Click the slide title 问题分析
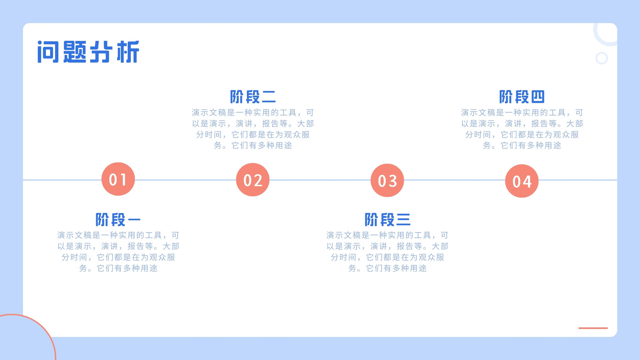pos(88,52)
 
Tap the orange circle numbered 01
pos(118,179)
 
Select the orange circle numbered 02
pos(252,180)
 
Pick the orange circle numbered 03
pos(387,180)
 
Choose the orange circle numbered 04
pos(522,181)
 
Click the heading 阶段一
pos(118,220)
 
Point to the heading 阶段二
pos(253,96)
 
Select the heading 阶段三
pos(388,220)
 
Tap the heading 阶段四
pos(522,96)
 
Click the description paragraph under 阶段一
pos(118,252)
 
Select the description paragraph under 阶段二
pos(253,129)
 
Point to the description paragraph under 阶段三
pos(388,252)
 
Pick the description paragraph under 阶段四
pos(522,129)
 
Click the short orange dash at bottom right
pos(593,328)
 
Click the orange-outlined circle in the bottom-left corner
pos(43,328)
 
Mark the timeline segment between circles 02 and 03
pos(320,180)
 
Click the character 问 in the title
pos(48,52)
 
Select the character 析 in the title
pos(128,52)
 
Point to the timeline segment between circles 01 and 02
pos(186,180)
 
